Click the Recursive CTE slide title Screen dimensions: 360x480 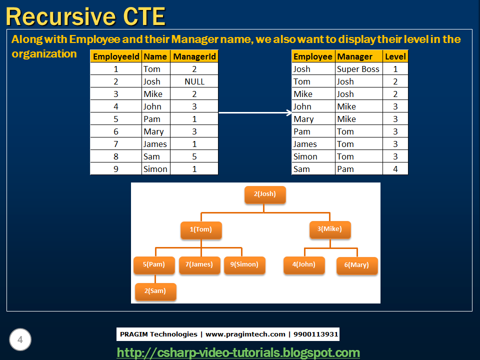coord(85,16)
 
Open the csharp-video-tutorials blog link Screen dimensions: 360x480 coord(238,352)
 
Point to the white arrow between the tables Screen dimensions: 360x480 coord(255,112)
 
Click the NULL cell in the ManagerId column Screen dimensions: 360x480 coord(194,81)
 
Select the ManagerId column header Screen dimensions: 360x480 coord(194,56)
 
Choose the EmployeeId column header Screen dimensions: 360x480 coord(116,56)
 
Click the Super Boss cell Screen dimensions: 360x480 coord(358,69)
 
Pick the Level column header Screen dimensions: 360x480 coord(395,56)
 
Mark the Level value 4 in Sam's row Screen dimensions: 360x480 coord(395,169)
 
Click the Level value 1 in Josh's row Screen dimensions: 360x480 coord(395,69)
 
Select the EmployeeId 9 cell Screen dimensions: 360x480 coord(116,169)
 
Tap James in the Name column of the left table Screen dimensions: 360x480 coord(155,144)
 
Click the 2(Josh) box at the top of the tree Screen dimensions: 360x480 coord(265,194)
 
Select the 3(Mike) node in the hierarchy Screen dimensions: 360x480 coord(330,229)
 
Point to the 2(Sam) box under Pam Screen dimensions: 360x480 coord(155,291)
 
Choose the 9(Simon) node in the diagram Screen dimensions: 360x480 coord(244,264)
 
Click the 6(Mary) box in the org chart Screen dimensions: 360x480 coord(357,265)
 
